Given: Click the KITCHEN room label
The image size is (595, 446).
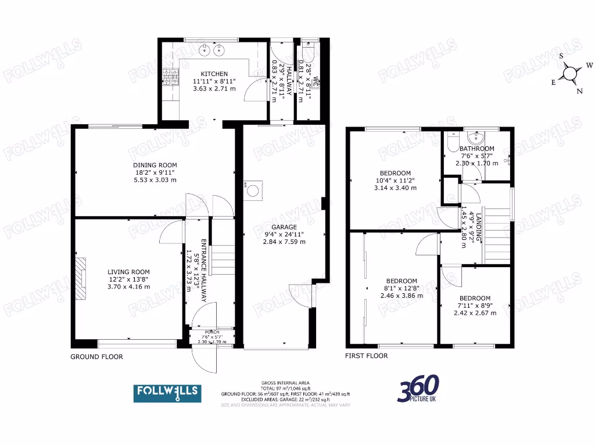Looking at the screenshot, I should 210,74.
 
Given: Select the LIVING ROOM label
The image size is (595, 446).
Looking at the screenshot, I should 128,271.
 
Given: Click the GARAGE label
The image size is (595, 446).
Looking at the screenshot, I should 283,227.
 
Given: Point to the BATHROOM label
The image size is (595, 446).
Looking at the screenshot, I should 476,149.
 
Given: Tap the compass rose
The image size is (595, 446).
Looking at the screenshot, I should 571,73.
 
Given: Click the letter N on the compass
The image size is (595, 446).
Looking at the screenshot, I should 579,91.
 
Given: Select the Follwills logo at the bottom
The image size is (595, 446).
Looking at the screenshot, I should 168,393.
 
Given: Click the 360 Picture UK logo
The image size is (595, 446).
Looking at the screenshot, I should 418,389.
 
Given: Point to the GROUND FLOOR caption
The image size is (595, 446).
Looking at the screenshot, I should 96,357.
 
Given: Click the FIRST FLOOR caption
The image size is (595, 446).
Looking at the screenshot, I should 366,356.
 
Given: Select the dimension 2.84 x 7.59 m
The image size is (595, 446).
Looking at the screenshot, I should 283,242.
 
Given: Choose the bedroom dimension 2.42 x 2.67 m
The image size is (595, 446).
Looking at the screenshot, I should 475,313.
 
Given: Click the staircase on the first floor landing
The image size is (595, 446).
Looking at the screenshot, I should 497,235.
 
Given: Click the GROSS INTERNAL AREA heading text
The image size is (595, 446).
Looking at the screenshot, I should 285,383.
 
